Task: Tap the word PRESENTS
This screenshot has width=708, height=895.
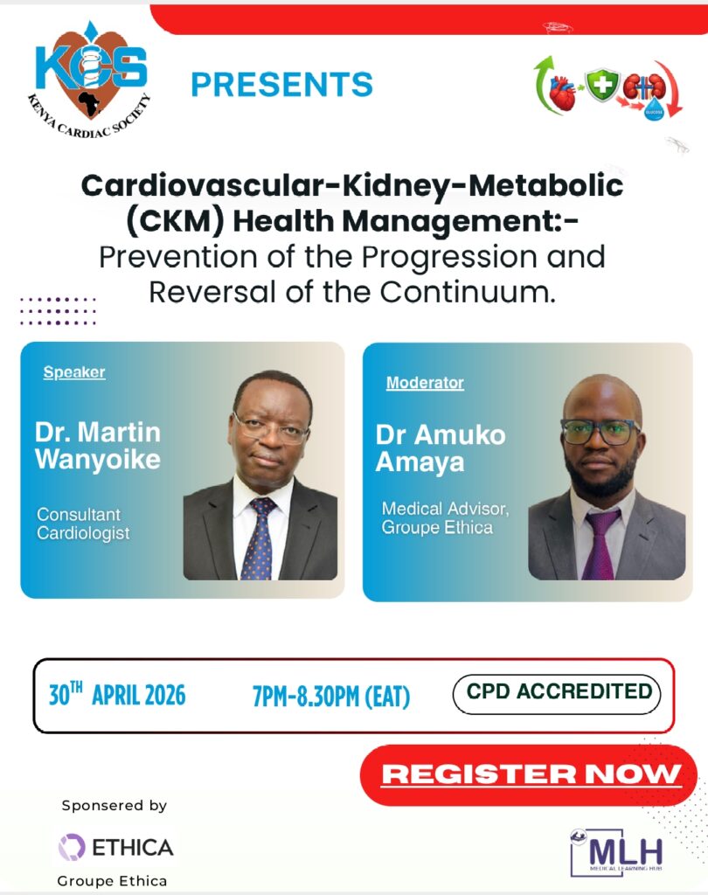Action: point(281,85)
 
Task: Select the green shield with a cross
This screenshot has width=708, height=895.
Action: point(602,86)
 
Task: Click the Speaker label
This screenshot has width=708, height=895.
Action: point(74,372)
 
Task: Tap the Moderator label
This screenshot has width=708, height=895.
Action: point(425,383)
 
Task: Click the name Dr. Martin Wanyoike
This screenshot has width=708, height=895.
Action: point(98,445)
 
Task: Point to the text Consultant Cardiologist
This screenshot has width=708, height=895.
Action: point(83,524)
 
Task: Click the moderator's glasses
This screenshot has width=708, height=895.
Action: point(601,431)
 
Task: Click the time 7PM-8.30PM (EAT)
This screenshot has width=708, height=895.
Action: point(330,697)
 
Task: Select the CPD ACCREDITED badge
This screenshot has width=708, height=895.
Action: point(559,691)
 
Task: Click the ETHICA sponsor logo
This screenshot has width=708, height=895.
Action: point(115,846)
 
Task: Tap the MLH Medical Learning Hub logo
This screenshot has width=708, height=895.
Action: point(616,850)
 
